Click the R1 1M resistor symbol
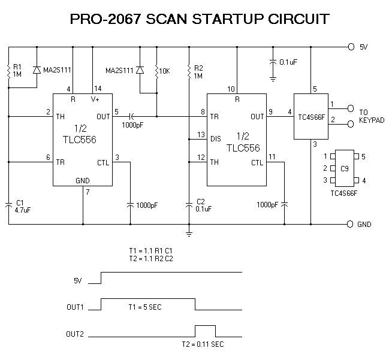[8, 71]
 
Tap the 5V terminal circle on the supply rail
[351, 47]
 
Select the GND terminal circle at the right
[350, 224]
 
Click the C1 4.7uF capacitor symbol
[8, 205]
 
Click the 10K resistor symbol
[156, 72]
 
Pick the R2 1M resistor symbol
[189, 72]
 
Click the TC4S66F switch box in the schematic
[311, 116]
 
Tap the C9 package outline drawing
[345, 168]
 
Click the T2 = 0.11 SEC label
[203, 344]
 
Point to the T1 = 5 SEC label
[145, 307]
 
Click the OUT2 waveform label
[75, 334]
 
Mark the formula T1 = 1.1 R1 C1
[150, 251]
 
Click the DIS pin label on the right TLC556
[216, 139]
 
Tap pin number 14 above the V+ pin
[98, 89]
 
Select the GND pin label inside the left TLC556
[83, 181]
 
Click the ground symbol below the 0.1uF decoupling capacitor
[273, 79]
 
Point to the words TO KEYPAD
[372, 116]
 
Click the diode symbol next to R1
[37, 70]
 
